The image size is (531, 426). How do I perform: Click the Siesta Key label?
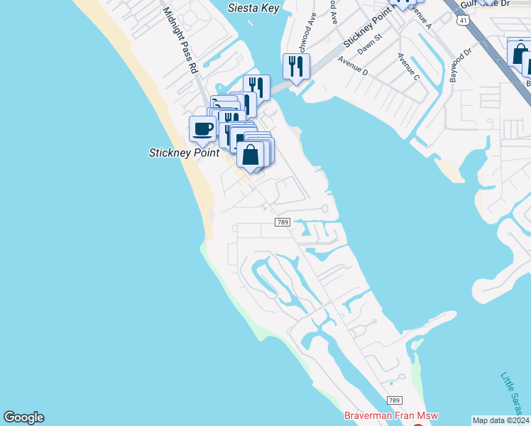253,9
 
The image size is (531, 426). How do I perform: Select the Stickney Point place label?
183,153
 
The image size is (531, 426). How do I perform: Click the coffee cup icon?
202,129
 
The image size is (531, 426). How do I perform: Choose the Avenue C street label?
410,67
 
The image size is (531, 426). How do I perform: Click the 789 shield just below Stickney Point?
283,223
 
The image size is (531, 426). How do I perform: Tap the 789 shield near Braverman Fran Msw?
395,402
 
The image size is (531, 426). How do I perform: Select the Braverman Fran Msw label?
390,416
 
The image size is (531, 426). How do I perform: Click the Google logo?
23,417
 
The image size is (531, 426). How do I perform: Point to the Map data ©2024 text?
500,420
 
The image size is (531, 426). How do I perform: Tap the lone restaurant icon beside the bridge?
296,67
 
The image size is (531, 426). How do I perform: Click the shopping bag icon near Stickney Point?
251,154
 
